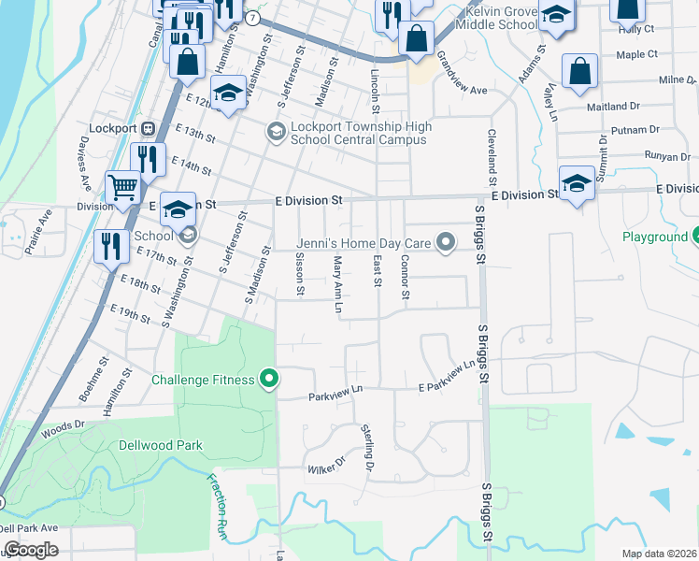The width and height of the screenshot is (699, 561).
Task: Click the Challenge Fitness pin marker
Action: click(x=269, y=379)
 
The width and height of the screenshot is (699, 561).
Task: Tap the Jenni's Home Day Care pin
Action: click(x=446, y=244)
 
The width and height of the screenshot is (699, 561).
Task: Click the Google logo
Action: click(x=30, y=550)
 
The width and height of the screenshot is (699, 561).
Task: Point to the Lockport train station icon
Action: click(x=147, y=127)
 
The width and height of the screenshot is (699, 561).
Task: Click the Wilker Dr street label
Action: click(x=326, y=463)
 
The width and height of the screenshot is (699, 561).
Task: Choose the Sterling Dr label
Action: click(x=367, y=447)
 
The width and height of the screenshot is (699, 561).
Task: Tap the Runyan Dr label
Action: click(x=666, y=156)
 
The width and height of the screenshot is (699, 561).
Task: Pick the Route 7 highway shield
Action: click(x=253, y=18)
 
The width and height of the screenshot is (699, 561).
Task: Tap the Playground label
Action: click(x=654, y=237)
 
